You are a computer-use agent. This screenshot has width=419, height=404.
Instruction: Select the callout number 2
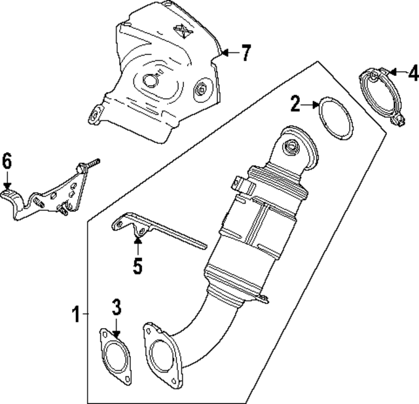[x=296, y=103]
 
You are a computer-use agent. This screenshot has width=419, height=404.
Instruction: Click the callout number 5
[x=137, y=266]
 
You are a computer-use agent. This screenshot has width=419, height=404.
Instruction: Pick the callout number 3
[x=116, y=306]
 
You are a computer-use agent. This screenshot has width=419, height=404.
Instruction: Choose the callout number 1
[x=76, y=314]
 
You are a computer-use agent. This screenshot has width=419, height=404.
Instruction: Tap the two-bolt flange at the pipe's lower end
[x=160, y=354]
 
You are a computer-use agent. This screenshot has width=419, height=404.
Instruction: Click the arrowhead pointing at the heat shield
[x=225, y=53]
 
